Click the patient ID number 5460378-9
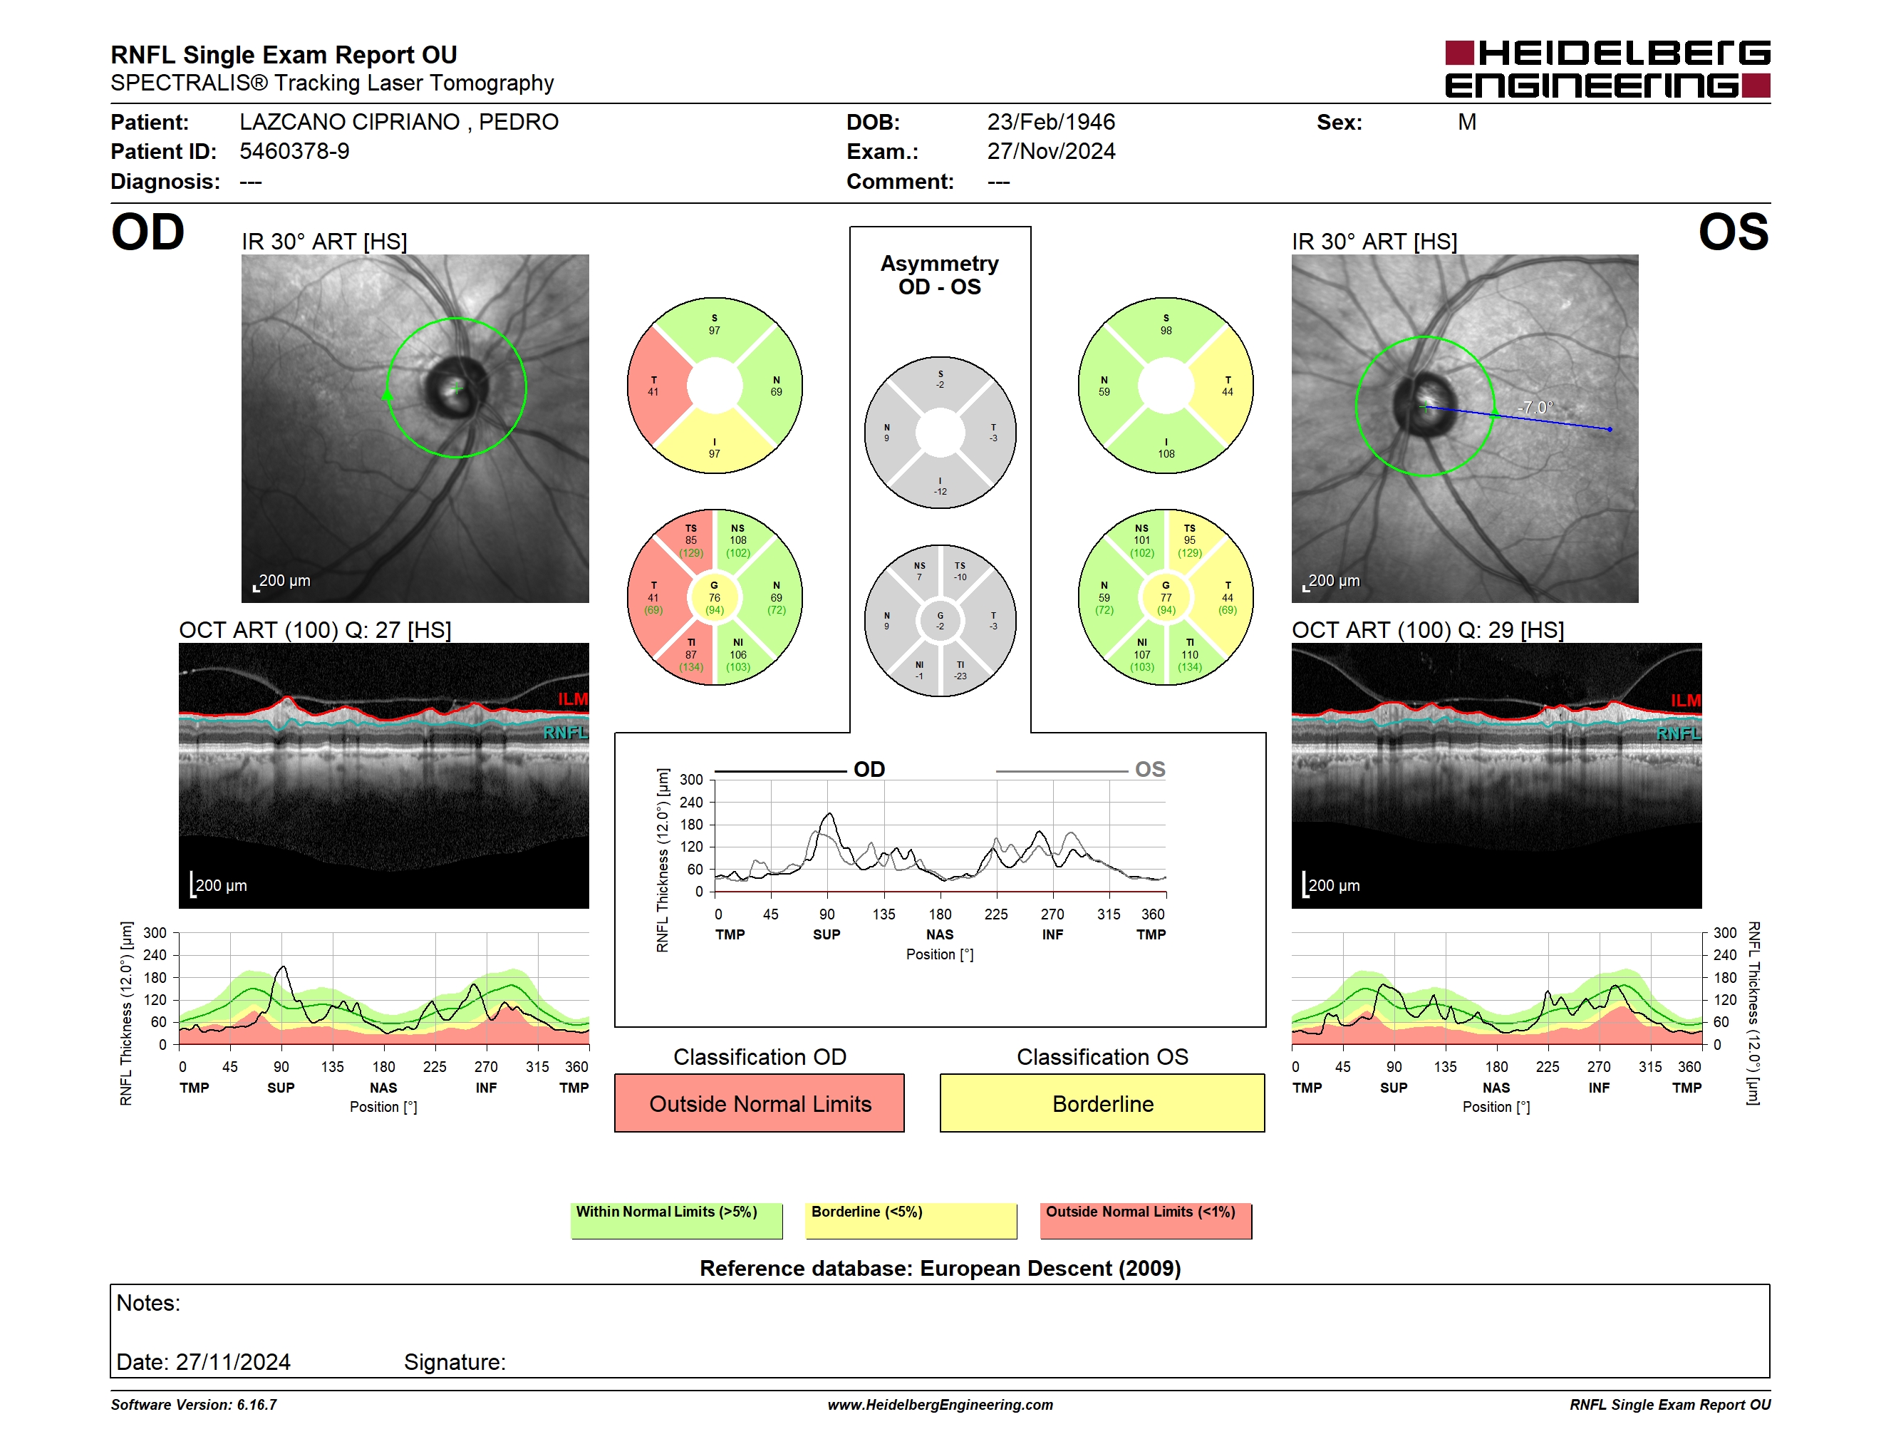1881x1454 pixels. pyautogui.click(x=294, y=152)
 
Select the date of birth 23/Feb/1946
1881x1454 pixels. pyautogui.click(x=1051, y=123)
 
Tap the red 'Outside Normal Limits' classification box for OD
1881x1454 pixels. pyautogui.click(x=760, y=1103)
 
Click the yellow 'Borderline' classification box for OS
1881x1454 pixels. pyautogui.click(x=1102, y=1103)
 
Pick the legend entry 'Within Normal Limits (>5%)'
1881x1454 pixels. pyautogui.click(x=676, y=1220)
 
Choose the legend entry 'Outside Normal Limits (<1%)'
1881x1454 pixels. pyautogui.click(x=1146, y=1220)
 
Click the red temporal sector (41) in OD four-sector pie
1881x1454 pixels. pyautogui.click(x=656, y=386)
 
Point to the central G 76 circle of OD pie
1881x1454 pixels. pyautogui.click(x=714, y=597)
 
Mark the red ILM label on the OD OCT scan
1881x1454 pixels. pyautogui.click(x=573, y=698)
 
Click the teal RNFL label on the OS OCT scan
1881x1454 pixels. pyautogui.click(x=1679, y=733)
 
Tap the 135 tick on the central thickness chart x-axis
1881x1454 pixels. pyautogui.click(x=883, y=914)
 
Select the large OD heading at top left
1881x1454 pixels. pyautogui.click(x=147, y=232)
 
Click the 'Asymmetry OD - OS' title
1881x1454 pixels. pyautogui.click(x=940, y=275)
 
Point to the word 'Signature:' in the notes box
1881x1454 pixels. pyautogui.click(x=455, y=1362)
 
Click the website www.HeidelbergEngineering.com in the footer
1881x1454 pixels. pyautogui.click(x=940, y=1405)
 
